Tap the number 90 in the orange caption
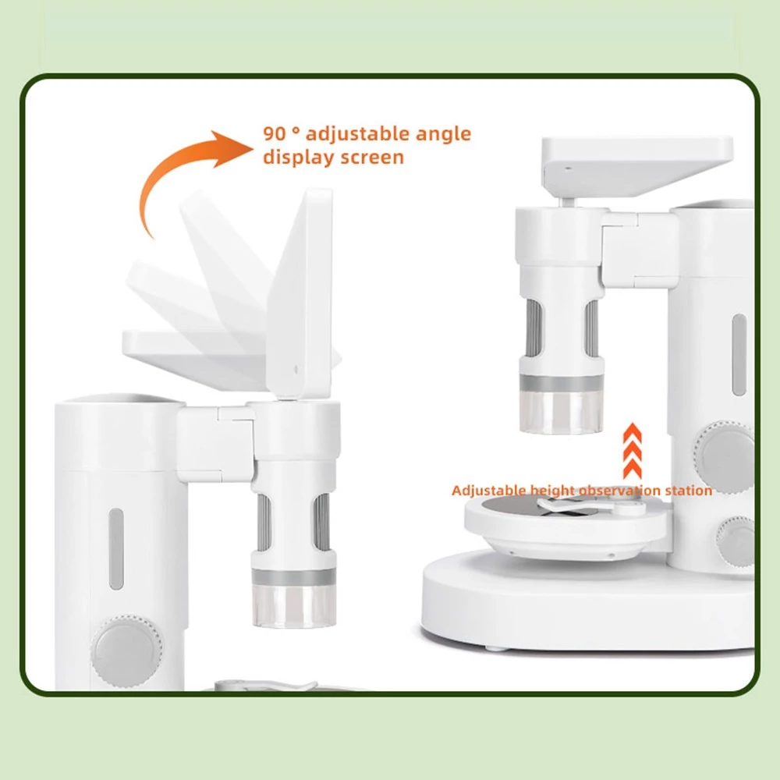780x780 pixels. [x=275, y=134]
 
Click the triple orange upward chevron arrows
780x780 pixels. [x=633, y=451]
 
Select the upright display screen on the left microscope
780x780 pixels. [x=300, y=293]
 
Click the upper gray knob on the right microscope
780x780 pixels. [x=723, y=456]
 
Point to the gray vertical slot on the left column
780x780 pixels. [x=116, y=548]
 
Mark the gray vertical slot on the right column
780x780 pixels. [x=739, y=355]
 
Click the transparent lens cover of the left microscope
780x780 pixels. [x=293, y=606]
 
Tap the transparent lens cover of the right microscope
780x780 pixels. [x=562, y=412]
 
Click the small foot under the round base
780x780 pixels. [x=496, y=648]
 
